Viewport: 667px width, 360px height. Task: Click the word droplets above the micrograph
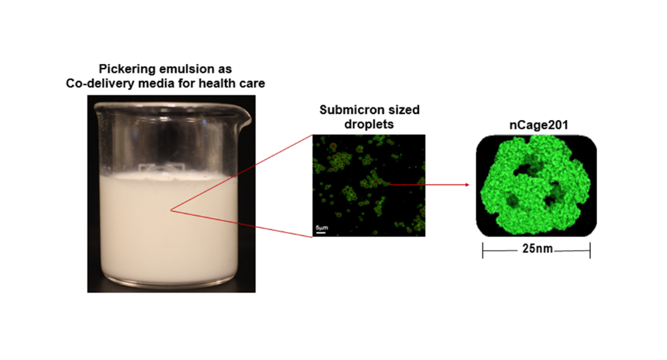click(369, 124)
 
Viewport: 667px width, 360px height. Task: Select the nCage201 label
click(539, 125)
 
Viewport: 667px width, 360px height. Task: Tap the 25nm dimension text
click(538, 248)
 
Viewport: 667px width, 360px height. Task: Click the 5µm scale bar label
click(321, 228)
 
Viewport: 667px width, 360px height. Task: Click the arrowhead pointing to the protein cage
click(467, 185)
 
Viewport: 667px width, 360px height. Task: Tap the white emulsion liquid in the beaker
click(170, 229)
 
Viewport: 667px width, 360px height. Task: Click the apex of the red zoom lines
click(171, 209)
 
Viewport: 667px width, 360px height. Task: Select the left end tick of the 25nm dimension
click(483, 251)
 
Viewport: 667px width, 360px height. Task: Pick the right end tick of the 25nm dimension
click(590, 251)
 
